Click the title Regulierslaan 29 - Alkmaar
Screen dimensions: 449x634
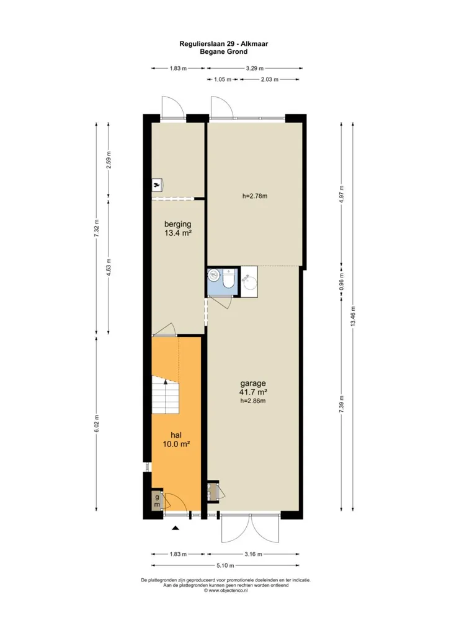coord(223,44)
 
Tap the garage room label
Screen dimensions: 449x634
coord(253,383)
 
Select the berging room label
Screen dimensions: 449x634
coord(178,224)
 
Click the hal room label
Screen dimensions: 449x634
coord(176,435)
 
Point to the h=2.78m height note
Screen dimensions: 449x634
coord(255,196)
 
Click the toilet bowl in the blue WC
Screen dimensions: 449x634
coord(229,279)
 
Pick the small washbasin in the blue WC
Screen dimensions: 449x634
coord(213,276)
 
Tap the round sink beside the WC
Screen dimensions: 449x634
coord(249,282)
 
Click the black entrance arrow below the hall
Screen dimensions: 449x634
coord(176,528)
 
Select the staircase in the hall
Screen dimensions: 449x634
coord(165,394)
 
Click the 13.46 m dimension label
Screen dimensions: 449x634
coord(353,317)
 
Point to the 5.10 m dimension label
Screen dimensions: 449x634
coord(225,565)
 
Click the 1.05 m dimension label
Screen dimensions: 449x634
coord(222,80)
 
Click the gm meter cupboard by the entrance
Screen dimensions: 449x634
coord(156,501)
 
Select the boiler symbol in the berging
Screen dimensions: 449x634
coord(157,185)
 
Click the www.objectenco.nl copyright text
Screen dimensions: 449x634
coord(226,590)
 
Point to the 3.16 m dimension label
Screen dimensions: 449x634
coord(253,554)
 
